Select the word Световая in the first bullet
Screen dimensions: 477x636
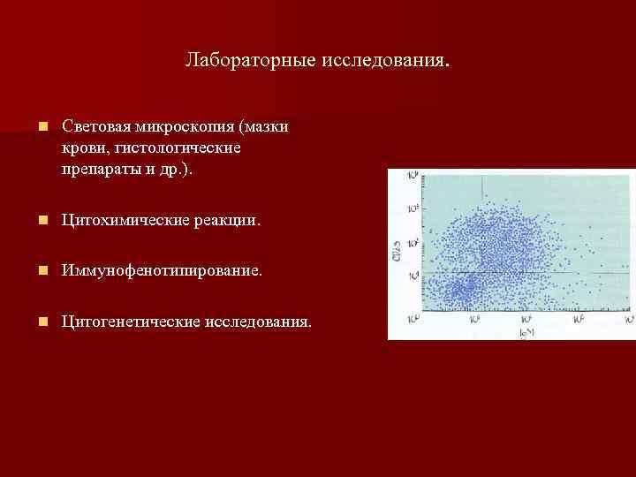(95, 127)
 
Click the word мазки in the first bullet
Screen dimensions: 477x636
(269, 127)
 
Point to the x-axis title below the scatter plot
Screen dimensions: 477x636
(527, 330)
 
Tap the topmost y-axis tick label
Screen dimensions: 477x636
(413, 177)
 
